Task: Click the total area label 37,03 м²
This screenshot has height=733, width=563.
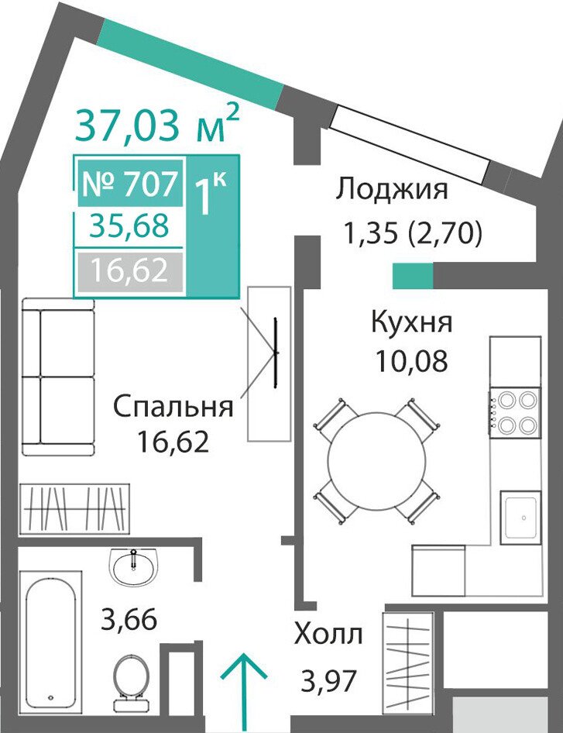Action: click(x=157, y=124)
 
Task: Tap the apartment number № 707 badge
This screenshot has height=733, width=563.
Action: click(x=130, y=183)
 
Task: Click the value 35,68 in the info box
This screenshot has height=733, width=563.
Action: click(x=130, y=226)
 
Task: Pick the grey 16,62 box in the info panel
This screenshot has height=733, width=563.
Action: click(x=130, y=270)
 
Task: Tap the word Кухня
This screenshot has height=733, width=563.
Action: click(x=412, y=322)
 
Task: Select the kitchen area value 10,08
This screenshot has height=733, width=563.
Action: click(x=412, y=360)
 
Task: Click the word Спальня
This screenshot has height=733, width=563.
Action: click(x=173, y=406)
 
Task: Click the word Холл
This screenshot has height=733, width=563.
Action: click(x=328, y=635)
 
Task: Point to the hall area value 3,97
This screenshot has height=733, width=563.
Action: click(x=329, y=680)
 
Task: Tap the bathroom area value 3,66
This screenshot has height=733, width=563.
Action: click(x=129, y=620)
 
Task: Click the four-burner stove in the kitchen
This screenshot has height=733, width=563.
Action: click(x=515, y=413)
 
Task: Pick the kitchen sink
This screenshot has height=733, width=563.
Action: click(x=520, y=518)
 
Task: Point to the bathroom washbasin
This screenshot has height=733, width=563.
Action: click(x=134, y=566)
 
